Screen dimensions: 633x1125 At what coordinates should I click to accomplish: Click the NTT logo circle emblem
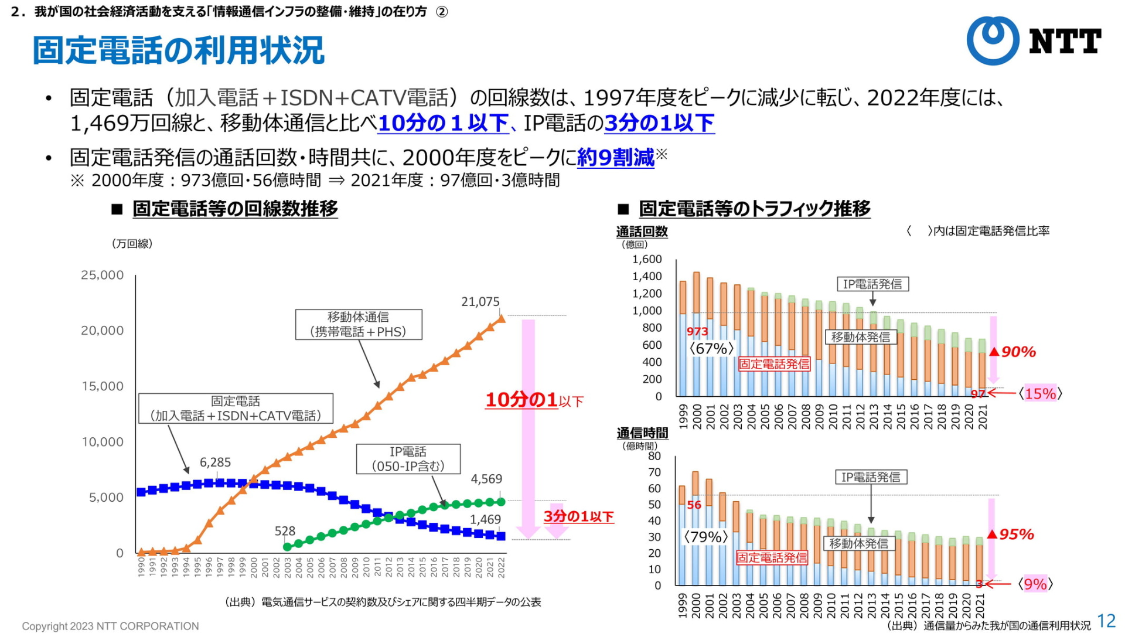[993, 40]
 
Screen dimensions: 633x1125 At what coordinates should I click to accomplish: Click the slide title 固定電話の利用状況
[178, 50]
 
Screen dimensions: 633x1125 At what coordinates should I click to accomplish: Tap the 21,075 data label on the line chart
[480, 302]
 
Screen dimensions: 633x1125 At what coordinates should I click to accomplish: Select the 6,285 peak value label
[215, 462]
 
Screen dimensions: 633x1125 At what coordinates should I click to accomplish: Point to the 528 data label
[285, 531]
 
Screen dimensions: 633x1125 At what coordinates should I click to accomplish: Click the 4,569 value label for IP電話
[486, 479]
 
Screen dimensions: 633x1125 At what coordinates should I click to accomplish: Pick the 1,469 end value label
[485, 519]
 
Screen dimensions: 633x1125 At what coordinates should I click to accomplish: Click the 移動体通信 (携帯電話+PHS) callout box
[358, 324]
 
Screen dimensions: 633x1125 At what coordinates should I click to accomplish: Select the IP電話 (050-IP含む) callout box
[408, 459]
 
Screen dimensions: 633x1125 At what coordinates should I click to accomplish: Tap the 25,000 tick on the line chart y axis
[103, 275]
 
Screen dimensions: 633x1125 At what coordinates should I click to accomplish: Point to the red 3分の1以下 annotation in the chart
[578, 516]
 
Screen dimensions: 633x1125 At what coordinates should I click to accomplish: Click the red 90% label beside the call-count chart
[1018, 352]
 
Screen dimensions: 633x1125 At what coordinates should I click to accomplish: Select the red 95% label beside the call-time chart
[1016, 534]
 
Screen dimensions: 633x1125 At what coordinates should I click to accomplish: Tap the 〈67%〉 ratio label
[711, 349]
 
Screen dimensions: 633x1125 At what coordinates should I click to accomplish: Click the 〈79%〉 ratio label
[705, 537]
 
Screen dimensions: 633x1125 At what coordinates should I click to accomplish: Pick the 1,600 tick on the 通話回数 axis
[647, 259]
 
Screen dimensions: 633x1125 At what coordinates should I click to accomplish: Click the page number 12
[1106, 621]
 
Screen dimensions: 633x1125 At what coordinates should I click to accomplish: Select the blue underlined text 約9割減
[615, 158]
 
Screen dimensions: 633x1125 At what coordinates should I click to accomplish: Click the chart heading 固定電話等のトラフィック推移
[754, 209]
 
